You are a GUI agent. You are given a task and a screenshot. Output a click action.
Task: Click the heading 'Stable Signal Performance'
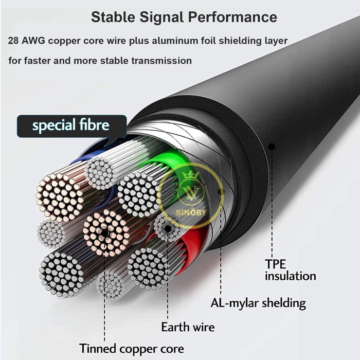pyautogui.click(x=184, y=17)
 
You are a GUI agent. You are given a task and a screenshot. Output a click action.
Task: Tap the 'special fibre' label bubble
pyautogui.click(x=71, y=126)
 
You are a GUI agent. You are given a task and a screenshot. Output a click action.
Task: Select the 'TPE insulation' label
pyautogui.click(x=291, y=270)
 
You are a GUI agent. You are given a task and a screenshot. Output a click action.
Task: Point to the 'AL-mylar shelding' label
pyautogui.click(x=258, y=303)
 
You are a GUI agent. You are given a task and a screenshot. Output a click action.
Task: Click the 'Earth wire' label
pyautogui.click(x=188, y=327)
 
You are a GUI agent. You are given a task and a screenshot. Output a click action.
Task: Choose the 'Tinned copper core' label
pyautogui.click(x=132, y=349)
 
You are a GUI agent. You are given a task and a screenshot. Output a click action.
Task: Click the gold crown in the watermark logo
pyautogui.click(x=190, y=176)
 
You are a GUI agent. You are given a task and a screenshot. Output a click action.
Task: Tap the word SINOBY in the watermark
pyautogui.click(x=191, y=212)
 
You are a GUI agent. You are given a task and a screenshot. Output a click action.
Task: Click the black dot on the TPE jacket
pyautogui.click(x=272, y=147)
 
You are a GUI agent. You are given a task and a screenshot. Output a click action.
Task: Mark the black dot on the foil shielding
pyautogui.click(x=221, y=191)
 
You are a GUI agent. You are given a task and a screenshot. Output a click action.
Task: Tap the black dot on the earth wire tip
pyautogui.click(x=168, y=229)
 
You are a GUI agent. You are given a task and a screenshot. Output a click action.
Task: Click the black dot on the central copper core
pyautogui.click(x=105, y=233)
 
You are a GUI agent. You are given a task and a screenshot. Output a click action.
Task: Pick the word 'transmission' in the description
pyautogui.click(x=161, y=61)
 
